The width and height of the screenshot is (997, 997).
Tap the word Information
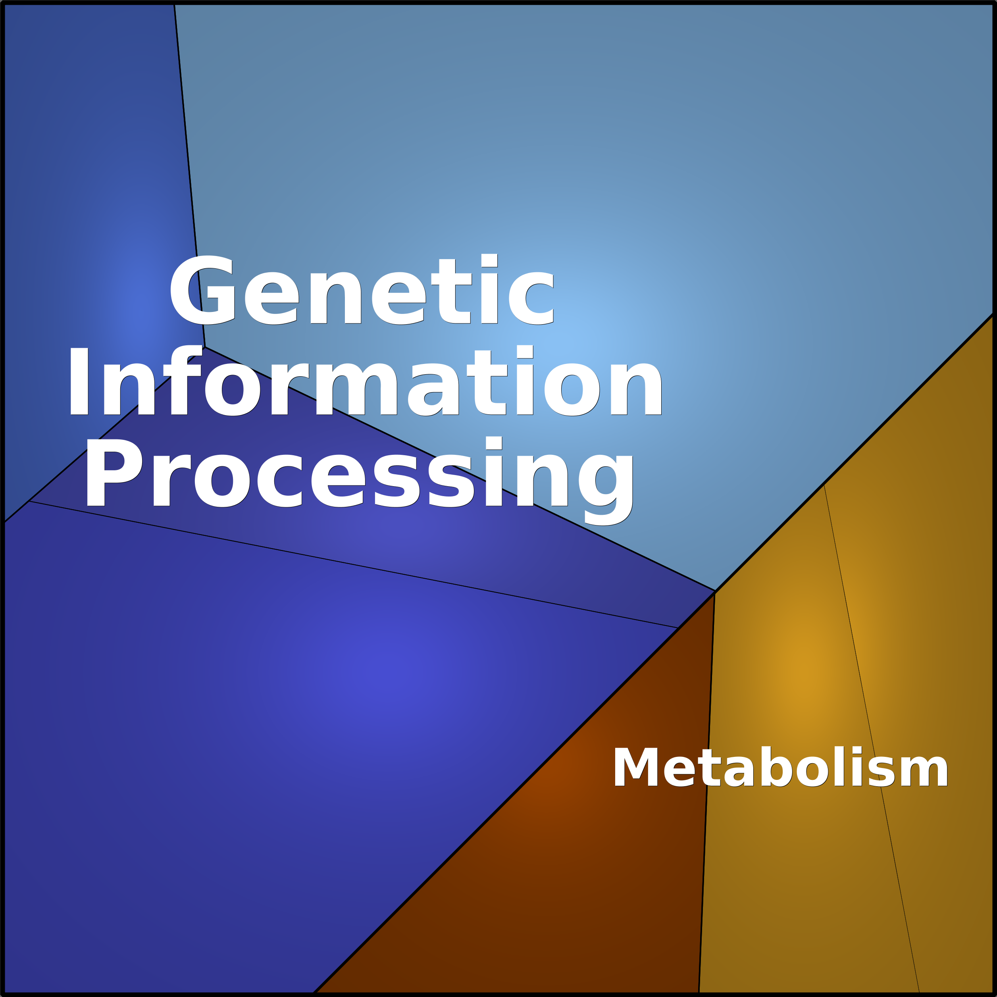[x=365, y=381]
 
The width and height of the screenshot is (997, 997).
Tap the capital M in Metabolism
[x=636, y=767]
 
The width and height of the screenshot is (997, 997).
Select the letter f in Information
[x=183, y=380]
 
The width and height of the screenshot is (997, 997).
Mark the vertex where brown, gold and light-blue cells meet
[x=715, y=591]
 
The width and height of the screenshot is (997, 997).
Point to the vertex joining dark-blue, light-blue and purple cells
[x=205, y=347]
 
